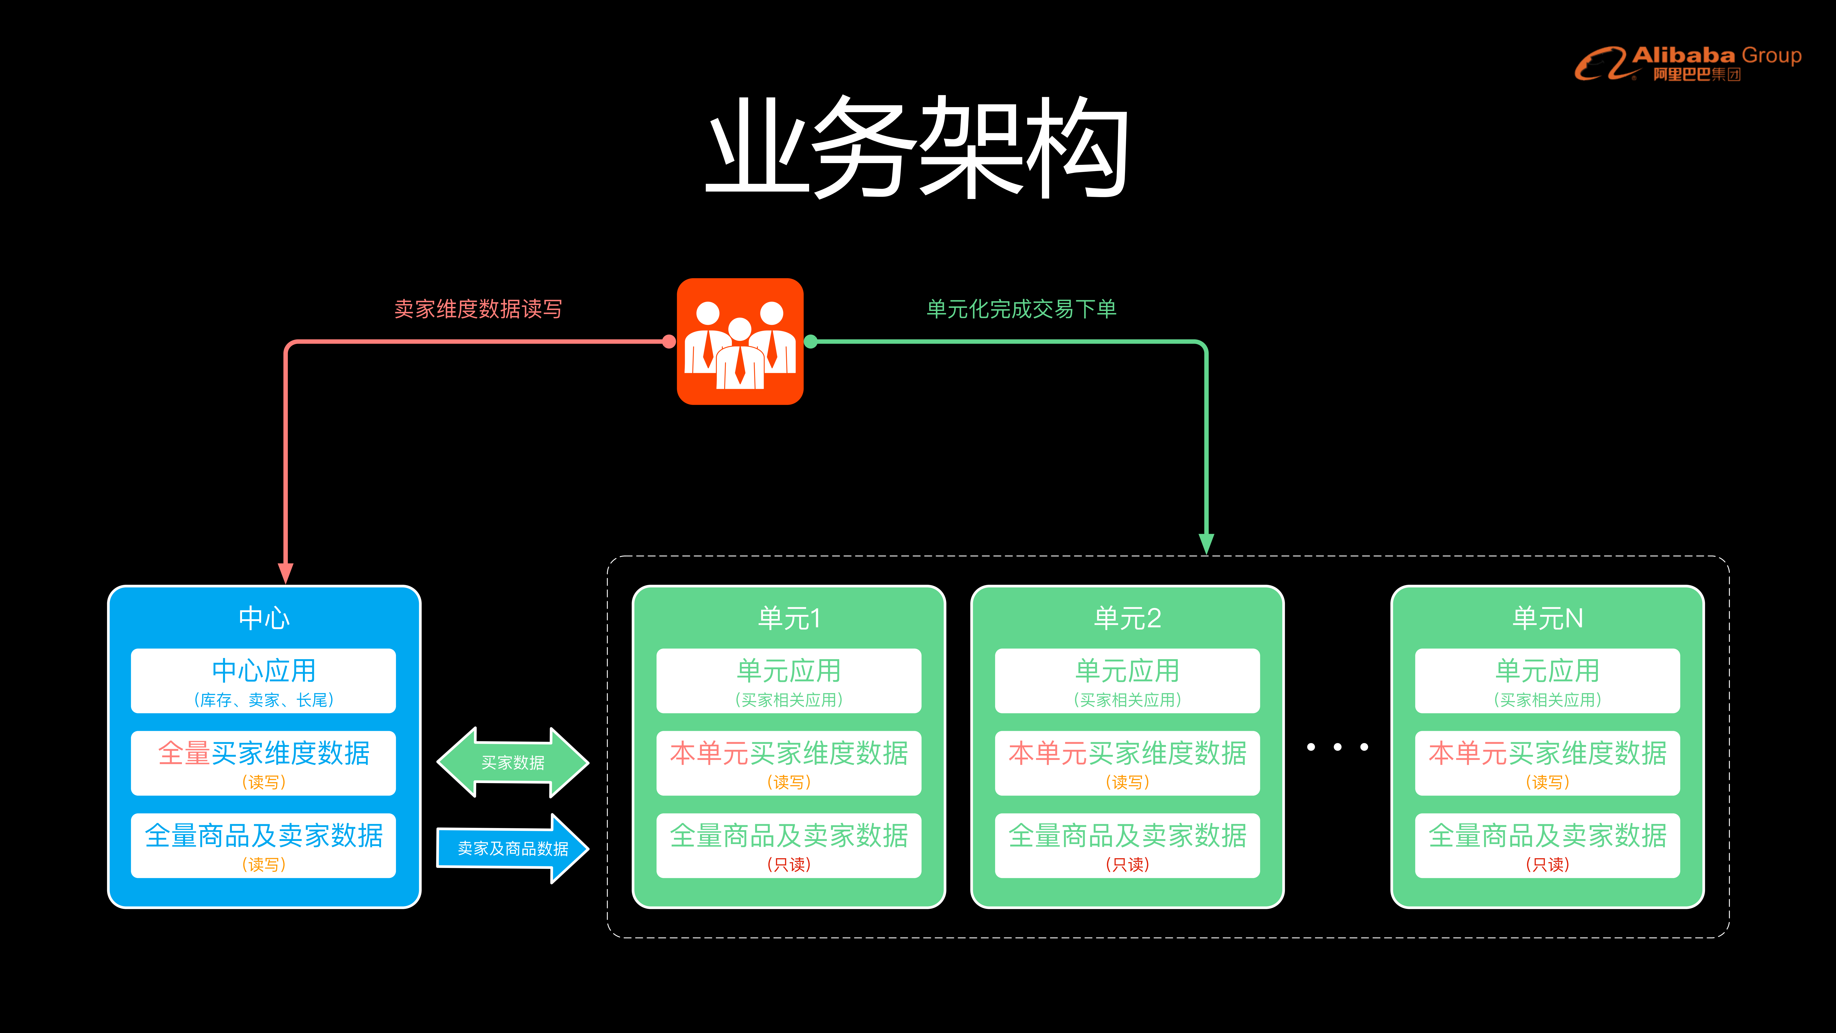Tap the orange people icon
[740, 342]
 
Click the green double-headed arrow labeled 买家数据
[512, 762]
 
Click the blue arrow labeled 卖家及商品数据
[512, 848]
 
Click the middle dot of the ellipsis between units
[1337, 747]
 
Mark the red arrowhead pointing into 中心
[286, 572]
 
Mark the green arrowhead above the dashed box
[1206, 543]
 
